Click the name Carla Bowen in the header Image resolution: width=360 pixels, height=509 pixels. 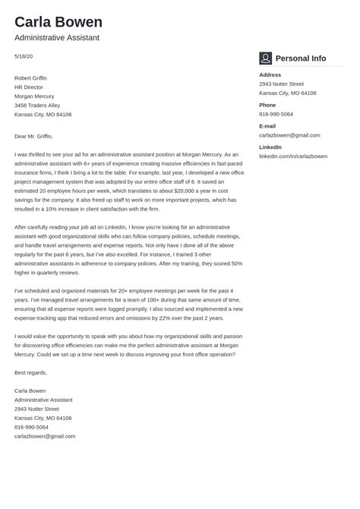[58, 21]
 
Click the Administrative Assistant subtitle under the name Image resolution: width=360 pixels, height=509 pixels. [57, 38]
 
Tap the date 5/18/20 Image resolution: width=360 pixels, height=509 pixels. [24, 56]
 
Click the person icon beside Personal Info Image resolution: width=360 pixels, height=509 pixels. [265, 58]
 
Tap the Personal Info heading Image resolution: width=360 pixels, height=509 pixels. [301, 58]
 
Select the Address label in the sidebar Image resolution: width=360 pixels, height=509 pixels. [270, 74]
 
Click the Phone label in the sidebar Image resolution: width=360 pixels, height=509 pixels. [267, 105]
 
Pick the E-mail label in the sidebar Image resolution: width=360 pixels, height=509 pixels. [267, 125]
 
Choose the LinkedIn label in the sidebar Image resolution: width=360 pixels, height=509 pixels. [270, 147]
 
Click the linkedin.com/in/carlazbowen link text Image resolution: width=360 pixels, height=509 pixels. [293, 156]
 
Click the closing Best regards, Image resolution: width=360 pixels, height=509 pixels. [30, 372]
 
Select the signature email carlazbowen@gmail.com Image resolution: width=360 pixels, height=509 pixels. [45, 436]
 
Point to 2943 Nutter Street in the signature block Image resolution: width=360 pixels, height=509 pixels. [36, 409]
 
